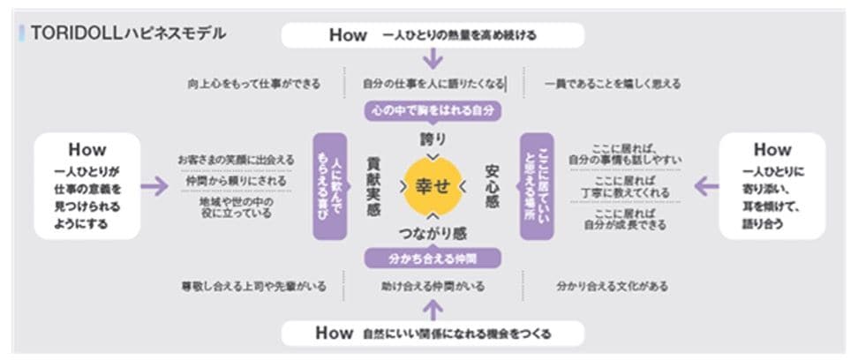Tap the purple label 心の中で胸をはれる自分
coord(433,112)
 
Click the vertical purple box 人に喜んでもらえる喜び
coord(328,186)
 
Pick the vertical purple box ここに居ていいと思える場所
coord(536,186)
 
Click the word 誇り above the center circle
coord(433,140)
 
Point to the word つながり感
coord(433,234)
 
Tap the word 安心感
coord(492,186)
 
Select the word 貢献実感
coord(373,186)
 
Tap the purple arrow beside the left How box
coord(154,186)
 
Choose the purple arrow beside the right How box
coord(706,186)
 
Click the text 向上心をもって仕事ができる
coord(253,85)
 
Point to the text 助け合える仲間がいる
coord(433,287)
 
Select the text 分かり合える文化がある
coord(612,287)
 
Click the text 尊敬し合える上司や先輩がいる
coord(253,287)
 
